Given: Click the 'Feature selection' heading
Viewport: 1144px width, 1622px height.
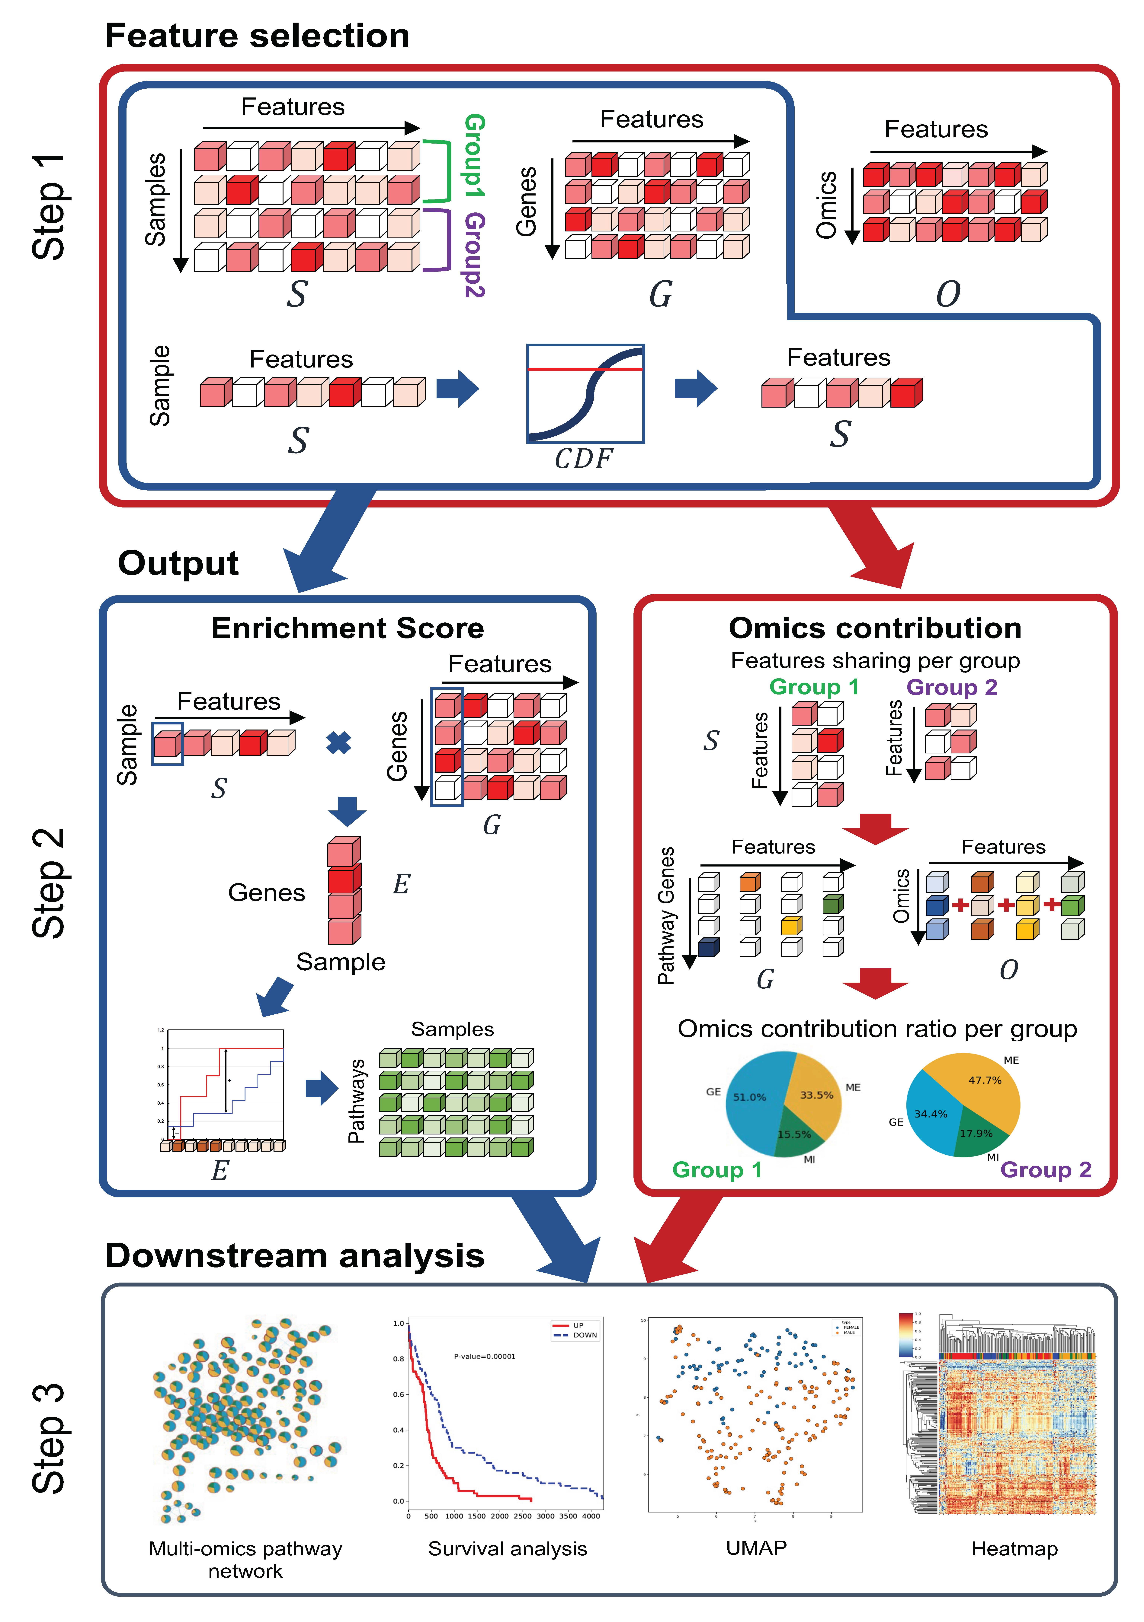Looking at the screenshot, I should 257,35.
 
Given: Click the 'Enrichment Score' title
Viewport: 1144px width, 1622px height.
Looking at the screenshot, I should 348,628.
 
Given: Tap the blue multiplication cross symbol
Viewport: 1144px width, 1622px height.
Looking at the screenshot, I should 339,743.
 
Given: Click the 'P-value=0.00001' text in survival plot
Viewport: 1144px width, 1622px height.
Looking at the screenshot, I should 485,1356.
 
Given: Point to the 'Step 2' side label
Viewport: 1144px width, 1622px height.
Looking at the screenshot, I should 50,883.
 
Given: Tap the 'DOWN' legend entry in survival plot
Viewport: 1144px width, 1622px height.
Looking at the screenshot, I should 584,1335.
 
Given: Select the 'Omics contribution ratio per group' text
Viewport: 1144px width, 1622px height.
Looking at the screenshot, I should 877,1029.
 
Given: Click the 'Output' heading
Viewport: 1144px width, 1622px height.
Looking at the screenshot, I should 178,563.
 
